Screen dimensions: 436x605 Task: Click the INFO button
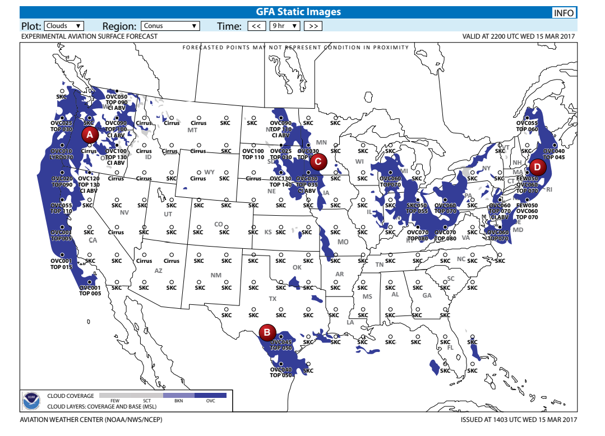(563, 13)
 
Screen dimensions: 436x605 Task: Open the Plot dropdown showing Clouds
(64, 26)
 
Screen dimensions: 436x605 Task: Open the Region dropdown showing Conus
(170, 26)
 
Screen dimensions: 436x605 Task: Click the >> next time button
(313, 26)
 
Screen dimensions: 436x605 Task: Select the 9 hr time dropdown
(285, 26)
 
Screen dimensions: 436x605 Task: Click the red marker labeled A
(89, 134)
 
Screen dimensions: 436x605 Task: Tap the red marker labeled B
(267, 332)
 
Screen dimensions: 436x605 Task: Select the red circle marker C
(318, 162)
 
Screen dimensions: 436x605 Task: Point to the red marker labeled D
(537, 166)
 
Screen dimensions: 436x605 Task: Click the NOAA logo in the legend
(31, 401)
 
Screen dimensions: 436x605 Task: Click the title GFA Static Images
(298, 12)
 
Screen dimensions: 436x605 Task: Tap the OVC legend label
(210, 401)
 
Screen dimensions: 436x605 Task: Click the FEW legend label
(115, 401)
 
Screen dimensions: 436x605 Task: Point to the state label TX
(273, 299)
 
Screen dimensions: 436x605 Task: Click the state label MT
(192, 130)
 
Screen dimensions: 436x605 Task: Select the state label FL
(450, 348)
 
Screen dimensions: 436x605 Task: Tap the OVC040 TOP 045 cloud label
(554, 154)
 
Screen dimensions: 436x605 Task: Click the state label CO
(219, 224)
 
